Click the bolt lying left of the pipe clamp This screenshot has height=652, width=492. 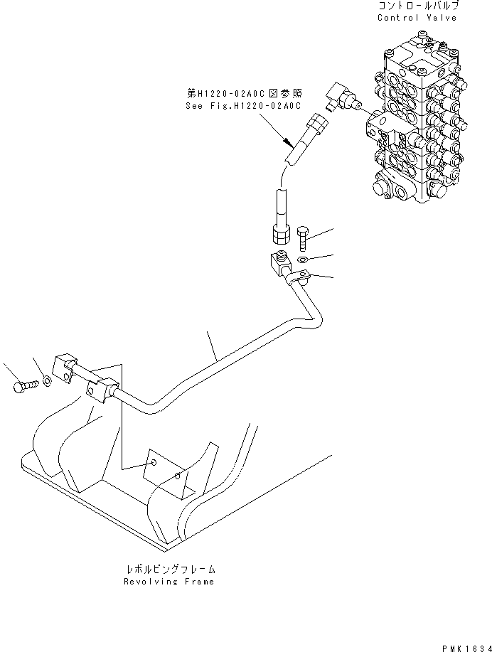21,386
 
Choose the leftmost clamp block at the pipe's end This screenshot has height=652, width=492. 65,367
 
